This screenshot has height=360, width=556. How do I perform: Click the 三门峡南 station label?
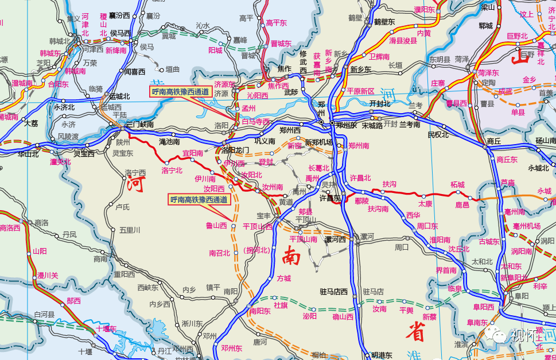pos(140,124)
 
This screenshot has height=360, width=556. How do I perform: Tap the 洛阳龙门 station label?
pos(236,150)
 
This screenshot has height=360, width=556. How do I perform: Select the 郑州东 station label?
pos(347,125)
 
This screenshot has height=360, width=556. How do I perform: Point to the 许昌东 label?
pos(330,198)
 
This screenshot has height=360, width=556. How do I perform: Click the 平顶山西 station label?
pos(258,226)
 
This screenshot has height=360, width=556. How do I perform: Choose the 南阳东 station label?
pos(260,311)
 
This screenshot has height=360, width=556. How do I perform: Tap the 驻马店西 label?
pos(334,292)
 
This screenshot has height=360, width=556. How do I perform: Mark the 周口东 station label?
pos(427,226)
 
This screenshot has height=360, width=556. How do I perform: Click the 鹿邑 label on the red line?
pos(462,204)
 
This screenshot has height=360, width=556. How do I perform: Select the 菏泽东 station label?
pos(488,73)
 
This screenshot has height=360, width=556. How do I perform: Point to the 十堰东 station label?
pos(106,328)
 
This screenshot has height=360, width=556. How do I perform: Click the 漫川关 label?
pos(48,276)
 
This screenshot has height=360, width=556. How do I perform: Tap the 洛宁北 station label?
pos(172,170)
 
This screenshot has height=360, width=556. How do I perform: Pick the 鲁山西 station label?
pos(216,226)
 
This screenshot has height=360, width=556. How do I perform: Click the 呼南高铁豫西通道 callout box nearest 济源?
pos(181,91)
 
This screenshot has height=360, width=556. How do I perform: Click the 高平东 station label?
pos(276,23)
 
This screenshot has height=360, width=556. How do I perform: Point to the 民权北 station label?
pos(438,135)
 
